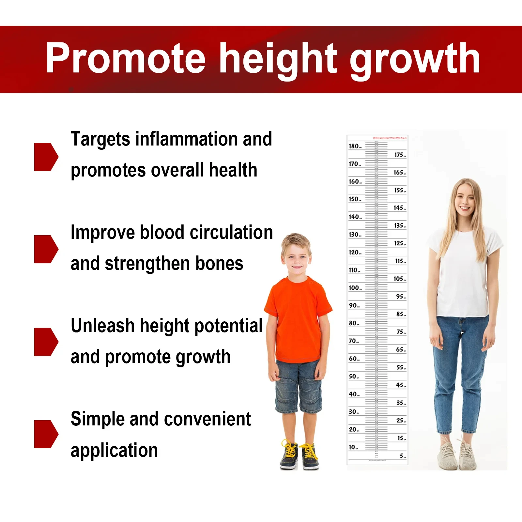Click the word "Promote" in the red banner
126,59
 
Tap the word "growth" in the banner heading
414,60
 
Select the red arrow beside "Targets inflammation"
46,157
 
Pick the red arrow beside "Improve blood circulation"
46,249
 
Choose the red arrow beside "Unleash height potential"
46,342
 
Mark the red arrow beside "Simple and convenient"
46,434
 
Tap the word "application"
114,451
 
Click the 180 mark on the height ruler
354,146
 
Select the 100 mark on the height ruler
354,288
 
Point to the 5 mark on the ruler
402,456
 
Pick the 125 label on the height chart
399,243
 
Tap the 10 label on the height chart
352,447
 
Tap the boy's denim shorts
298,387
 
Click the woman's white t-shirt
463,274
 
